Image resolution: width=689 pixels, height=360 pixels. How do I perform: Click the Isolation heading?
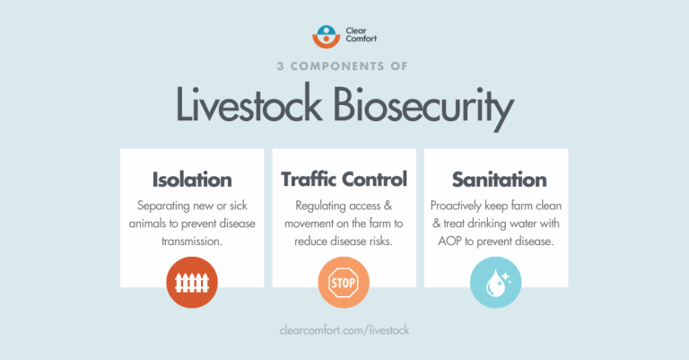[x=192, y=179]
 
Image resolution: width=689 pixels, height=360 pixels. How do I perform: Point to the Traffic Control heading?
[x=344, y=179]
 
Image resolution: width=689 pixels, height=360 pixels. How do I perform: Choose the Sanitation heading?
[x=495, y=179]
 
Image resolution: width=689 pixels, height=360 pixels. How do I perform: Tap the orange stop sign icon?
[x=344, y=285]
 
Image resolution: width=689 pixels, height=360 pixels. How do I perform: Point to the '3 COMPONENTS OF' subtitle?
[x=344, y=69]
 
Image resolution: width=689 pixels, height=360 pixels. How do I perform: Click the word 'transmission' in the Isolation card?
[x=192, y=241]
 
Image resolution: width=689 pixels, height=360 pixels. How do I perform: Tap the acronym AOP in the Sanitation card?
[x=452, y=241]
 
